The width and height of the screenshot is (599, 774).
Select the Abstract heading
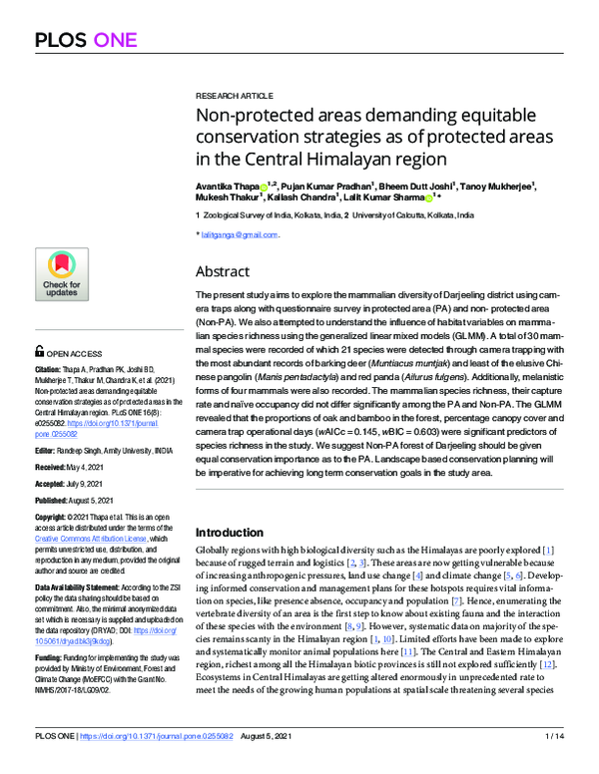(223, 270)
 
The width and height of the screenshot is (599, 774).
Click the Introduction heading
(230, 532)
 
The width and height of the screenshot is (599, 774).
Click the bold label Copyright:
(54, 516)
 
